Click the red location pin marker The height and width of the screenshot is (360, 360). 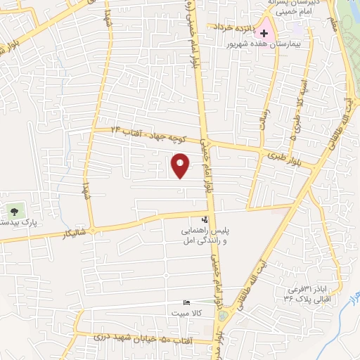coord(180,165)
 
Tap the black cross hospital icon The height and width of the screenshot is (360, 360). coord(264,33)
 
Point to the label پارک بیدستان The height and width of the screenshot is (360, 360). coord(17,223)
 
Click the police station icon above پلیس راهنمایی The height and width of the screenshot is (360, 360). coord(205,220)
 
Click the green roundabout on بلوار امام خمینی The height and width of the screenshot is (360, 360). coord(223,316)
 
